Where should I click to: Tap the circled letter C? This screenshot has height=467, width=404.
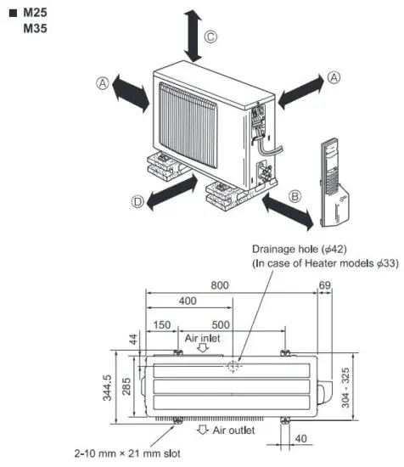coord(211,37)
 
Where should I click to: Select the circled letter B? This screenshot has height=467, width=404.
coord(295,194)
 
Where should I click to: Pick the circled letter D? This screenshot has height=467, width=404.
coord(138,201)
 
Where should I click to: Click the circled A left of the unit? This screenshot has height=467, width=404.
coord(103,82)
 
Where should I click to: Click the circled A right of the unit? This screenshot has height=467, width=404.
coord(334,76)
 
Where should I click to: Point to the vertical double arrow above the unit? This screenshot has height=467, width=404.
coord(194,34)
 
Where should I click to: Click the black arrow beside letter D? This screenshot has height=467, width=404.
coord(168,194)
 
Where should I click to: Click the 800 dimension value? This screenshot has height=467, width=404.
coord(220,287)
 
